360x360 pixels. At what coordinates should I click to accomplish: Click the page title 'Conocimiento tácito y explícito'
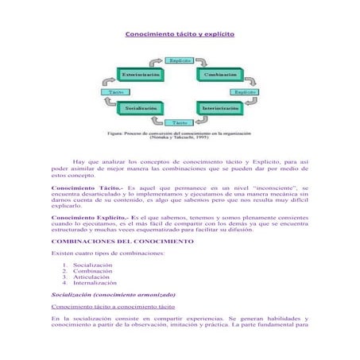pyautogui.click(x=179, y=36)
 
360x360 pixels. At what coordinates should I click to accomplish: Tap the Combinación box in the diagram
pyautogui.click(x=220, y=73)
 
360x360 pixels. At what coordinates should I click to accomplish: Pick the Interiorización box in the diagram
pyautogui.click(x=221, y=106)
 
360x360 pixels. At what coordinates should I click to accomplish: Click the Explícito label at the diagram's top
pyautogui.click(x=180, y=60)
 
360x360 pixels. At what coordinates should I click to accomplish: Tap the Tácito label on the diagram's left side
pyautogui.click(x=115, y=92)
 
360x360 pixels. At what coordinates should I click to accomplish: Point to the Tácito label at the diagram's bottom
pyautogui.click(x=180, y=122)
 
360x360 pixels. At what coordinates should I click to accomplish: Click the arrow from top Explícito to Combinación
pyautogui.click(x=207, y=61)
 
